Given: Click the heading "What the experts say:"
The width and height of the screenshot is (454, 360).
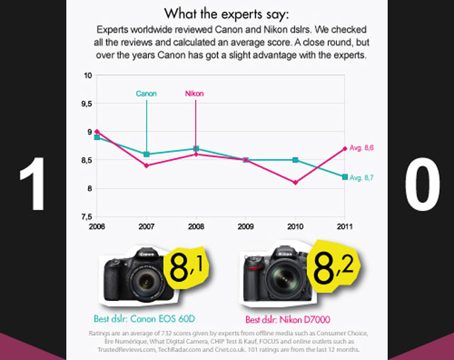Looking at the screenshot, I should click(226, 13).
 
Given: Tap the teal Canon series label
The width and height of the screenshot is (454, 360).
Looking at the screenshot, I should click(146, 94).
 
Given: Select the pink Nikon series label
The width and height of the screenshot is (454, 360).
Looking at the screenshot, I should click(194, 94).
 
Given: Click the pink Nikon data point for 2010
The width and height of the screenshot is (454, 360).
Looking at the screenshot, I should click(294, 182).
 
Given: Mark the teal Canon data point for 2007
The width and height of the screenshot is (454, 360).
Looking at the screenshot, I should click(146, 154).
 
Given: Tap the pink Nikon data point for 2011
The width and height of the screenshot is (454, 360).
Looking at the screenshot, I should click(344, 148).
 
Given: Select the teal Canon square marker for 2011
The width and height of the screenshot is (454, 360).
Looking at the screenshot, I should click(344, 177).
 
